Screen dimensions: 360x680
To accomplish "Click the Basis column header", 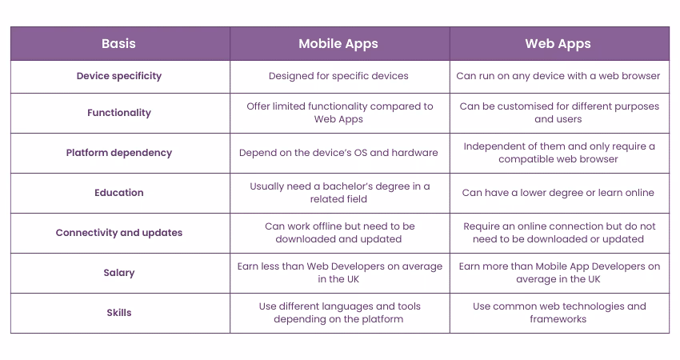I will tap(119, 43).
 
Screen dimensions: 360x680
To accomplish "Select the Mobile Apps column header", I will tap(339, 43).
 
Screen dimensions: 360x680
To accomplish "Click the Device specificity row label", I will tap(119, 76).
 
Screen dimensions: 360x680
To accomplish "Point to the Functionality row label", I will tap(119, 113).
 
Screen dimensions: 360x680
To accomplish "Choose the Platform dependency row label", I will tap(119, 153).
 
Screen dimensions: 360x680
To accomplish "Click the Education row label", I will tap(119, 193).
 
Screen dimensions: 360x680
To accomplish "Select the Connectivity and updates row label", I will tap(119, 233).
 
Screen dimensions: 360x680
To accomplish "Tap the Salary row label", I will tap(119, 273).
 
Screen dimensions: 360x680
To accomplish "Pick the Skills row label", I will tap(119, 313).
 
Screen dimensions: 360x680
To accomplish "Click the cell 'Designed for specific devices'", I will tap(339, 76).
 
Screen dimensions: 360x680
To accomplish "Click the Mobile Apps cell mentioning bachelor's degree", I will tap(339, 193).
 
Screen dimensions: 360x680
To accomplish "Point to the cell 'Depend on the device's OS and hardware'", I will tap(339, 153).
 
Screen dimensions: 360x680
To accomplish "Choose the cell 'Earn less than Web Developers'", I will tap(339, 273).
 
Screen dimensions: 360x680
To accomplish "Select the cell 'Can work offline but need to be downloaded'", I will tap(339, 233).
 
